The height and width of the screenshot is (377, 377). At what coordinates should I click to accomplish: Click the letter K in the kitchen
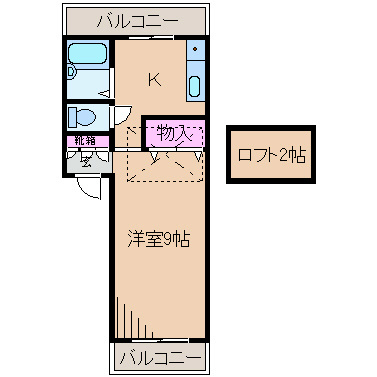[155, 79]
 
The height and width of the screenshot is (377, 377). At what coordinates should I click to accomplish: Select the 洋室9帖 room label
[158, 239]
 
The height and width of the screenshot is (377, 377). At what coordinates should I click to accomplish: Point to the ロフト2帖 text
[271, 155]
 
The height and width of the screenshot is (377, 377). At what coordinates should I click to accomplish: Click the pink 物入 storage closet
[177, 131]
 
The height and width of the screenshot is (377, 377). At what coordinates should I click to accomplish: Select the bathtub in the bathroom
[91, 59]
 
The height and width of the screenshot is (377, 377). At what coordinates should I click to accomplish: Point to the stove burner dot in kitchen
[196, 49]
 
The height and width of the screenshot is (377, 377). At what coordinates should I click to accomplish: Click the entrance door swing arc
[90, 185]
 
